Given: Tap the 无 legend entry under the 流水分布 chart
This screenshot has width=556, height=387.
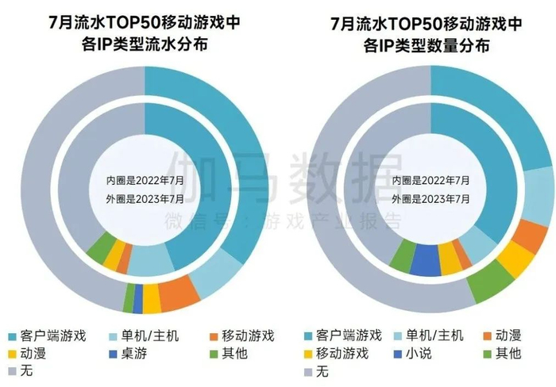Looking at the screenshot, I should (x=29, y=370).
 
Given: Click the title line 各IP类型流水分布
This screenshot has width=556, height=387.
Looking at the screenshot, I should (x=145, y=45).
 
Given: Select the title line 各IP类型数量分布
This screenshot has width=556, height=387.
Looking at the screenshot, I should (x=430, y=45).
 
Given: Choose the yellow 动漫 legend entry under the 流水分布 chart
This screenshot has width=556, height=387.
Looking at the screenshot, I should (x=37, y=353).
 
